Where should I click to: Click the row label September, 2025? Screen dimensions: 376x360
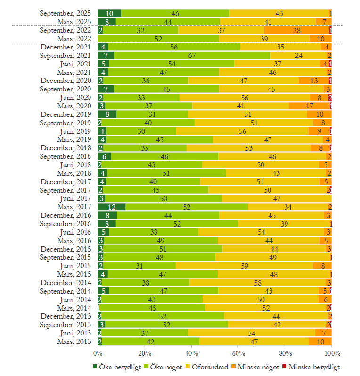(67, 14)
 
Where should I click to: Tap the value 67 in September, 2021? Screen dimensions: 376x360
(192, 55)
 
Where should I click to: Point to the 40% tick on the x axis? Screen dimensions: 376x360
(191, 353)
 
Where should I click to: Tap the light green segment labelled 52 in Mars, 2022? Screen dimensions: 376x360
(158, 39)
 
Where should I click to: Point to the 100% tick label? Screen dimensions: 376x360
(332, 353)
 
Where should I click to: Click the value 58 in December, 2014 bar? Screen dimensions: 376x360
(257, 283)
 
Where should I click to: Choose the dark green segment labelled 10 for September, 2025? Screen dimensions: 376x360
(109, 14)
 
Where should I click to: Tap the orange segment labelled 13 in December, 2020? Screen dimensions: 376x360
(314, 81)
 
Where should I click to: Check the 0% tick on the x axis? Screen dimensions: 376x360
(98, 353)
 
